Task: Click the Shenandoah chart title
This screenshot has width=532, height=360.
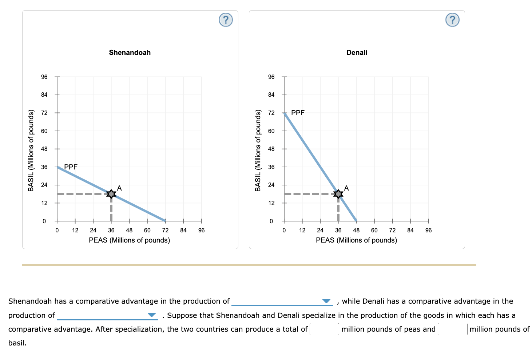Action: tap(130, 52)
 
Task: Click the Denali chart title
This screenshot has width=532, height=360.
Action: tap(357, 52)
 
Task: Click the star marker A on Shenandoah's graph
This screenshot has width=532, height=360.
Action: tap(111, 194)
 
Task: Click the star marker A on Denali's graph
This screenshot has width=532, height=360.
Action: tap(338, 194)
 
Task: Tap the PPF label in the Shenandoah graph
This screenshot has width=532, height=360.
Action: tap(71, 167)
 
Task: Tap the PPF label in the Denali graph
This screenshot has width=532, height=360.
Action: tap(298, 113)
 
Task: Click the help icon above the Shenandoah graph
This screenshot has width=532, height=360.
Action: tap(226, 20)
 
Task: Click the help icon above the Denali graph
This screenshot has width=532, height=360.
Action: tap(452, 20)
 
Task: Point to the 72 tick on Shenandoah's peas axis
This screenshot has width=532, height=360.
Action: tap(165, 230)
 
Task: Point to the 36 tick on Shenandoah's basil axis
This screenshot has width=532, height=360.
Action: tap(44, 167)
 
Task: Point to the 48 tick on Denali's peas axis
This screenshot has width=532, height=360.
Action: tap(356, 230)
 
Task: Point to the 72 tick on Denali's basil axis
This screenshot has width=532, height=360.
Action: tap(271, 113)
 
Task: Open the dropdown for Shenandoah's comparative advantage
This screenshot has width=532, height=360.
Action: tap(282, 301)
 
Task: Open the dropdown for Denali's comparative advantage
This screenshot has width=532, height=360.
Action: tap(107, 315)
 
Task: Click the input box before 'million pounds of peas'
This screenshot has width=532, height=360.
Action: tap(324, 329)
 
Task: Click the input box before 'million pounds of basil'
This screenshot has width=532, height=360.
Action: tap(452, 329)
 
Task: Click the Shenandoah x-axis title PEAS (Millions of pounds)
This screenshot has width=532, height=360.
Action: tap(129, 240)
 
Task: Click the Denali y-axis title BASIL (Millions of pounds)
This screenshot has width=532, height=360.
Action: tap(258, 150)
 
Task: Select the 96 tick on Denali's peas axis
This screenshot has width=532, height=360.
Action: tap(428, 230)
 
